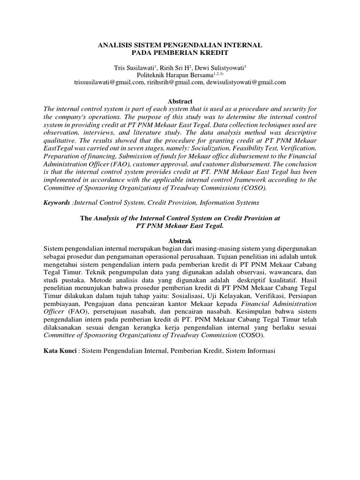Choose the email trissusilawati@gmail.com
point(109,82)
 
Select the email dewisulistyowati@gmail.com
point(247,82)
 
